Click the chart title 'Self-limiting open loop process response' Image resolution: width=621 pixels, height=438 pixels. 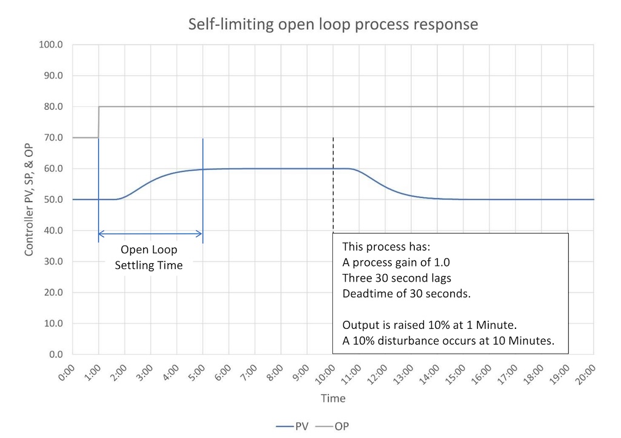tap(333, 24)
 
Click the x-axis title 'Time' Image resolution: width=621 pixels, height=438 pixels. tap(333, 399)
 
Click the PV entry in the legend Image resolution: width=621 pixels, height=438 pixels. tap(293, 426)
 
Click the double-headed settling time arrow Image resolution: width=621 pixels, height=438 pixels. tap(150, 234)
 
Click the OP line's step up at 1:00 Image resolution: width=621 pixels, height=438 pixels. tap(98, 122)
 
